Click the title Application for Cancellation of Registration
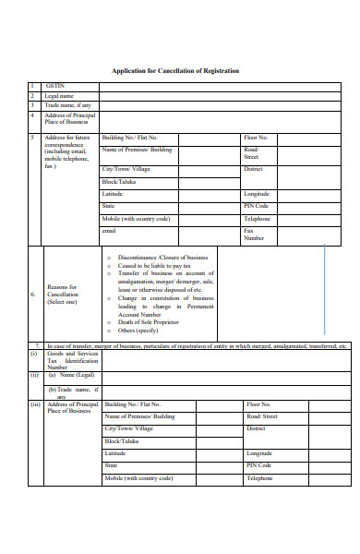pyautogui.click(x=175, y=71)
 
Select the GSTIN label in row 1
pyautogui.click(x=55, y=86)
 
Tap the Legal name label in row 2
pyautogui.click(x=59, y=95)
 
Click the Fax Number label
pyautogui.click(x=255, y=234)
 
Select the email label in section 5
pyautogui.click(x=110, y=230)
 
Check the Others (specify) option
pyautogui.click(x=139, y=330)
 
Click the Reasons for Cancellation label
pyautogui.click(x=63, y=295)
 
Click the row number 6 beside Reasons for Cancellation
pyautogui.click(x=32, y=295)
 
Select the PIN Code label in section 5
pyautogui.click(x=257, y=207)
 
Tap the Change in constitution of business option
pyautogui.click(x=165, y=298)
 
